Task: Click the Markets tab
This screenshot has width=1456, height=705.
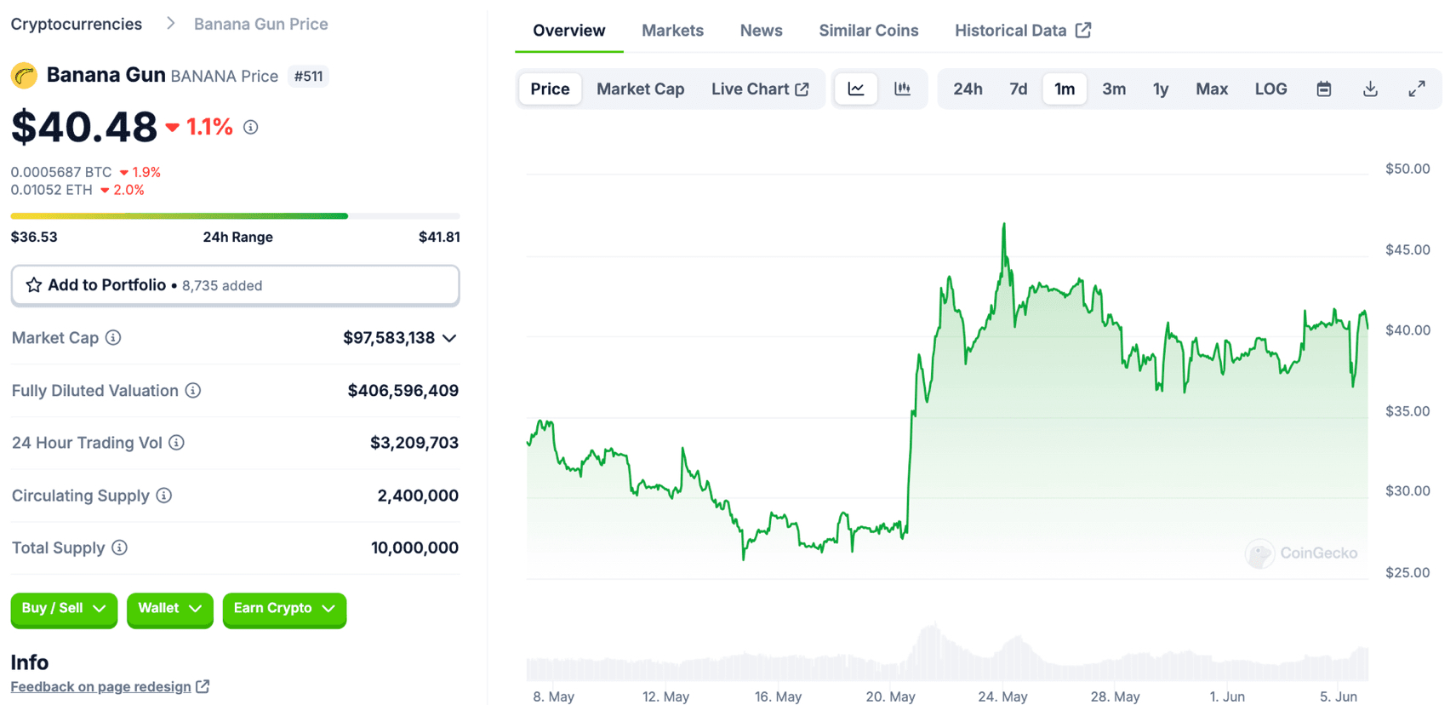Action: [x=672, y=31]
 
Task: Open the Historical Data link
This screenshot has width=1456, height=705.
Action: [x=1022, y=31]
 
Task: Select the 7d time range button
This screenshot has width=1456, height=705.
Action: [x=1018, y=89]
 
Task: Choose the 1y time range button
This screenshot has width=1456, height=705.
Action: [x=1161, y=89]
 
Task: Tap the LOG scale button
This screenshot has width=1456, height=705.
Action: [x=1270, y=89]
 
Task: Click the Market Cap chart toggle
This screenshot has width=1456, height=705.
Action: [x=640, y=89]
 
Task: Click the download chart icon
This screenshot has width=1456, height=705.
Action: [x=1370, y=89]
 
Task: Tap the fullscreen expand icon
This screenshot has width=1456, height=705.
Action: [x=1417, y=89]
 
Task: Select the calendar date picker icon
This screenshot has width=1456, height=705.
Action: [x=1324, y=89]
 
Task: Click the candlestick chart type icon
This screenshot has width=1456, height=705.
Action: [x=902, y=89]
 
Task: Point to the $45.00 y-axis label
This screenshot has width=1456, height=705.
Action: [x=1407, y=249]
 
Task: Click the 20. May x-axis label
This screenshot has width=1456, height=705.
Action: [x=890, y=696]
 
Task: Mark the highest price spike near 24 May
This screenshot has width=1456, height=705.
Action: [x=1004, y=225]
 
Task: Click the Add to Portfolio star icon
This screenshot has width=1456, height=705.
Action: [x=34, y=285]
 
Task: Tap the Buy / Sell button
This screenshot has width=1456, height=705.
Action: [x=64, y=609]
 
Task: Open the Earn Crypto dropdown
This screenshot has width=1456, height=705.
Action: [x=284, y=609]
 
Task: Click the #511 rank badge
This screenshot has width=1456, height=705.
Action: [x=308, y=76]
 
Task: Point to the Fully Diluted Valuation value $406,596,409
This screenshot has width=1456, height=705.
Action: [x=403, y=391]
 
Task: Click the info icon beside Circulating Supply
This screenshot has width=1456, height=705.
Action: [x=164, y=496]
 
